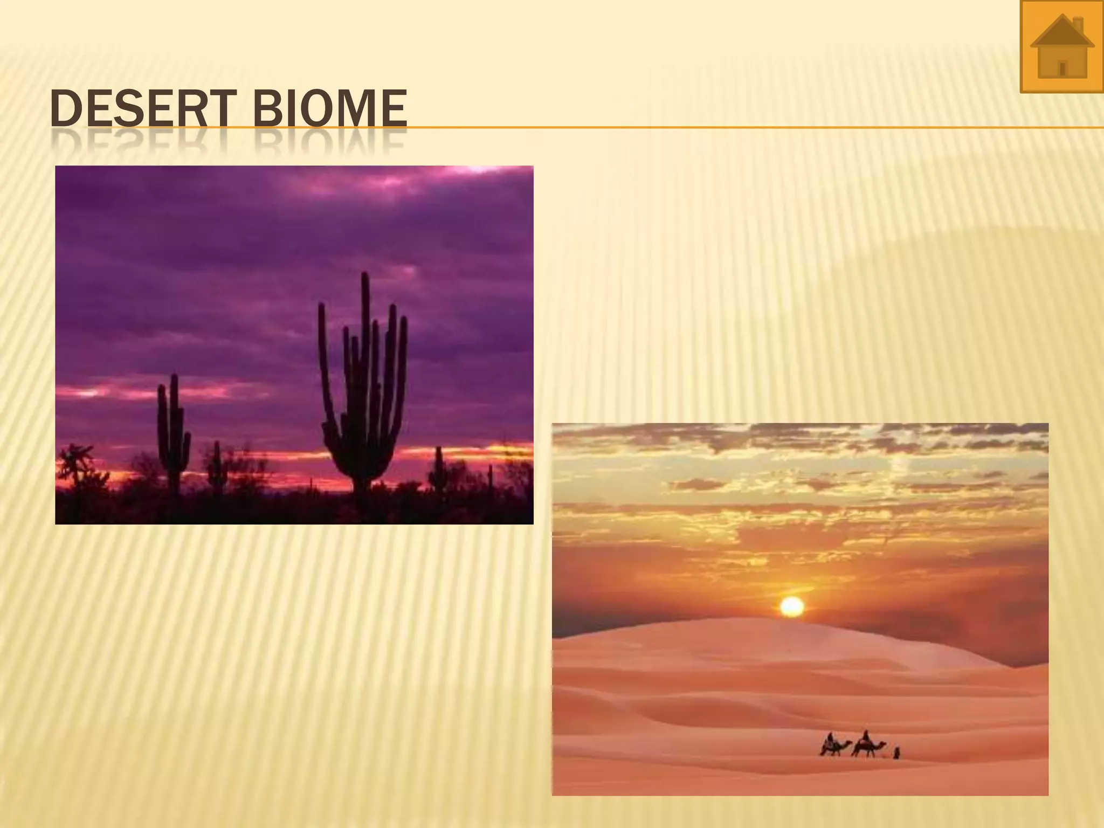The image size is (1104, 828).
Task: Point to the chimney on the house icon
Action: [1078, 25]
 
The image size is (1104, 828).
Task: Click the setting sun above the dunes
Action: [792, 607]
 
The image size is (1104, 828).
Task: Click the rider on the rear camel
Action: [831, 737]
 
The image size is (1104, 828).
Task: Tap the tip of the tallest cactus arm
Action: [365, 276]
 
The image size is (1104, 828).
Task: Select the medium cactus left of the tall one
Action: [173, 431]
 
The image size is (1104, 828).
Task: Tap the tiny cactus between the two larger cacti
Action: [217, 464]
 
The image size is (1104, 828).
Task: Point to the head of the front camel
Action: [884, 744]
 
